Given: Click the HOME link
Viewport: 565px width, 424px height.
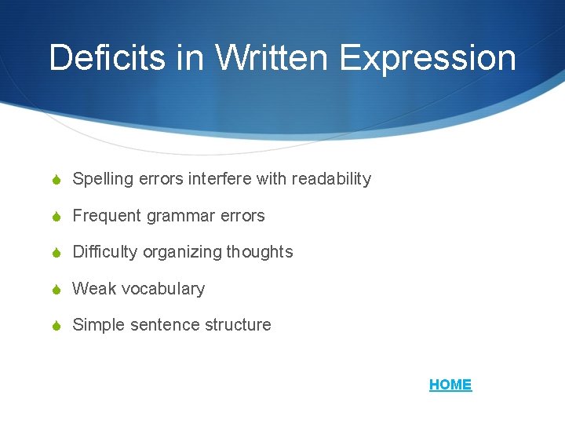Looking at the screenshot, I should pos(450,385).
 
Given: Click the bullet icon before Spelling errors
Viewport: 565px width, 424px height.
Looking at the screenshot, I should pos(58,179).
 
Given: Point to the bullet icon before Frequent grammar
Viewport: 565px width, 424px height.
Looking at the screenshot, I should pos(58,216).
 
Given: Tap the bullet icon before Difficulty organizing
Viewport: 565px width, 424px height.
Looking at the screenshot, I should pos(58,252).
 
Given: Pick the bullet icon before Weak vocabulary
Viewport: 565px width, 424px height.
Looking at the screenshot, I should pos(58,289).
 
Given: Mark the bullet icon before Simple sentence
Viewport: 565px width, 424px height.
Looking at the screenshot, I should pos(58,325).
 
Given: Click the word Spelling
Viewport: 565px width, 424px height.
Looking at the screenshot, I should pos(103,180).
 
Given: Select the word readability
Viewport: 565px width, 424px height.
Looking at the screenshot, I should pos(331,180).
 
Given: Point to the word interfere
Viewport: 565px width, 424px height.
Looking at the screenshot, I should pos(221,179).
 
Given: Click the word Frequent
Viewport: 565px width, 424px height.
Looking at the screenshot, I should pos(104,216).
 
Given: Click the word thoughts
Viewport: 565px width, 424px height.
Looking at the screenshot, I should pos(260,253).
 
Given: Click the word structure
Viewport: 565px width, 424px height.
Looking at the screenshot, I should pos(239,325).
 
